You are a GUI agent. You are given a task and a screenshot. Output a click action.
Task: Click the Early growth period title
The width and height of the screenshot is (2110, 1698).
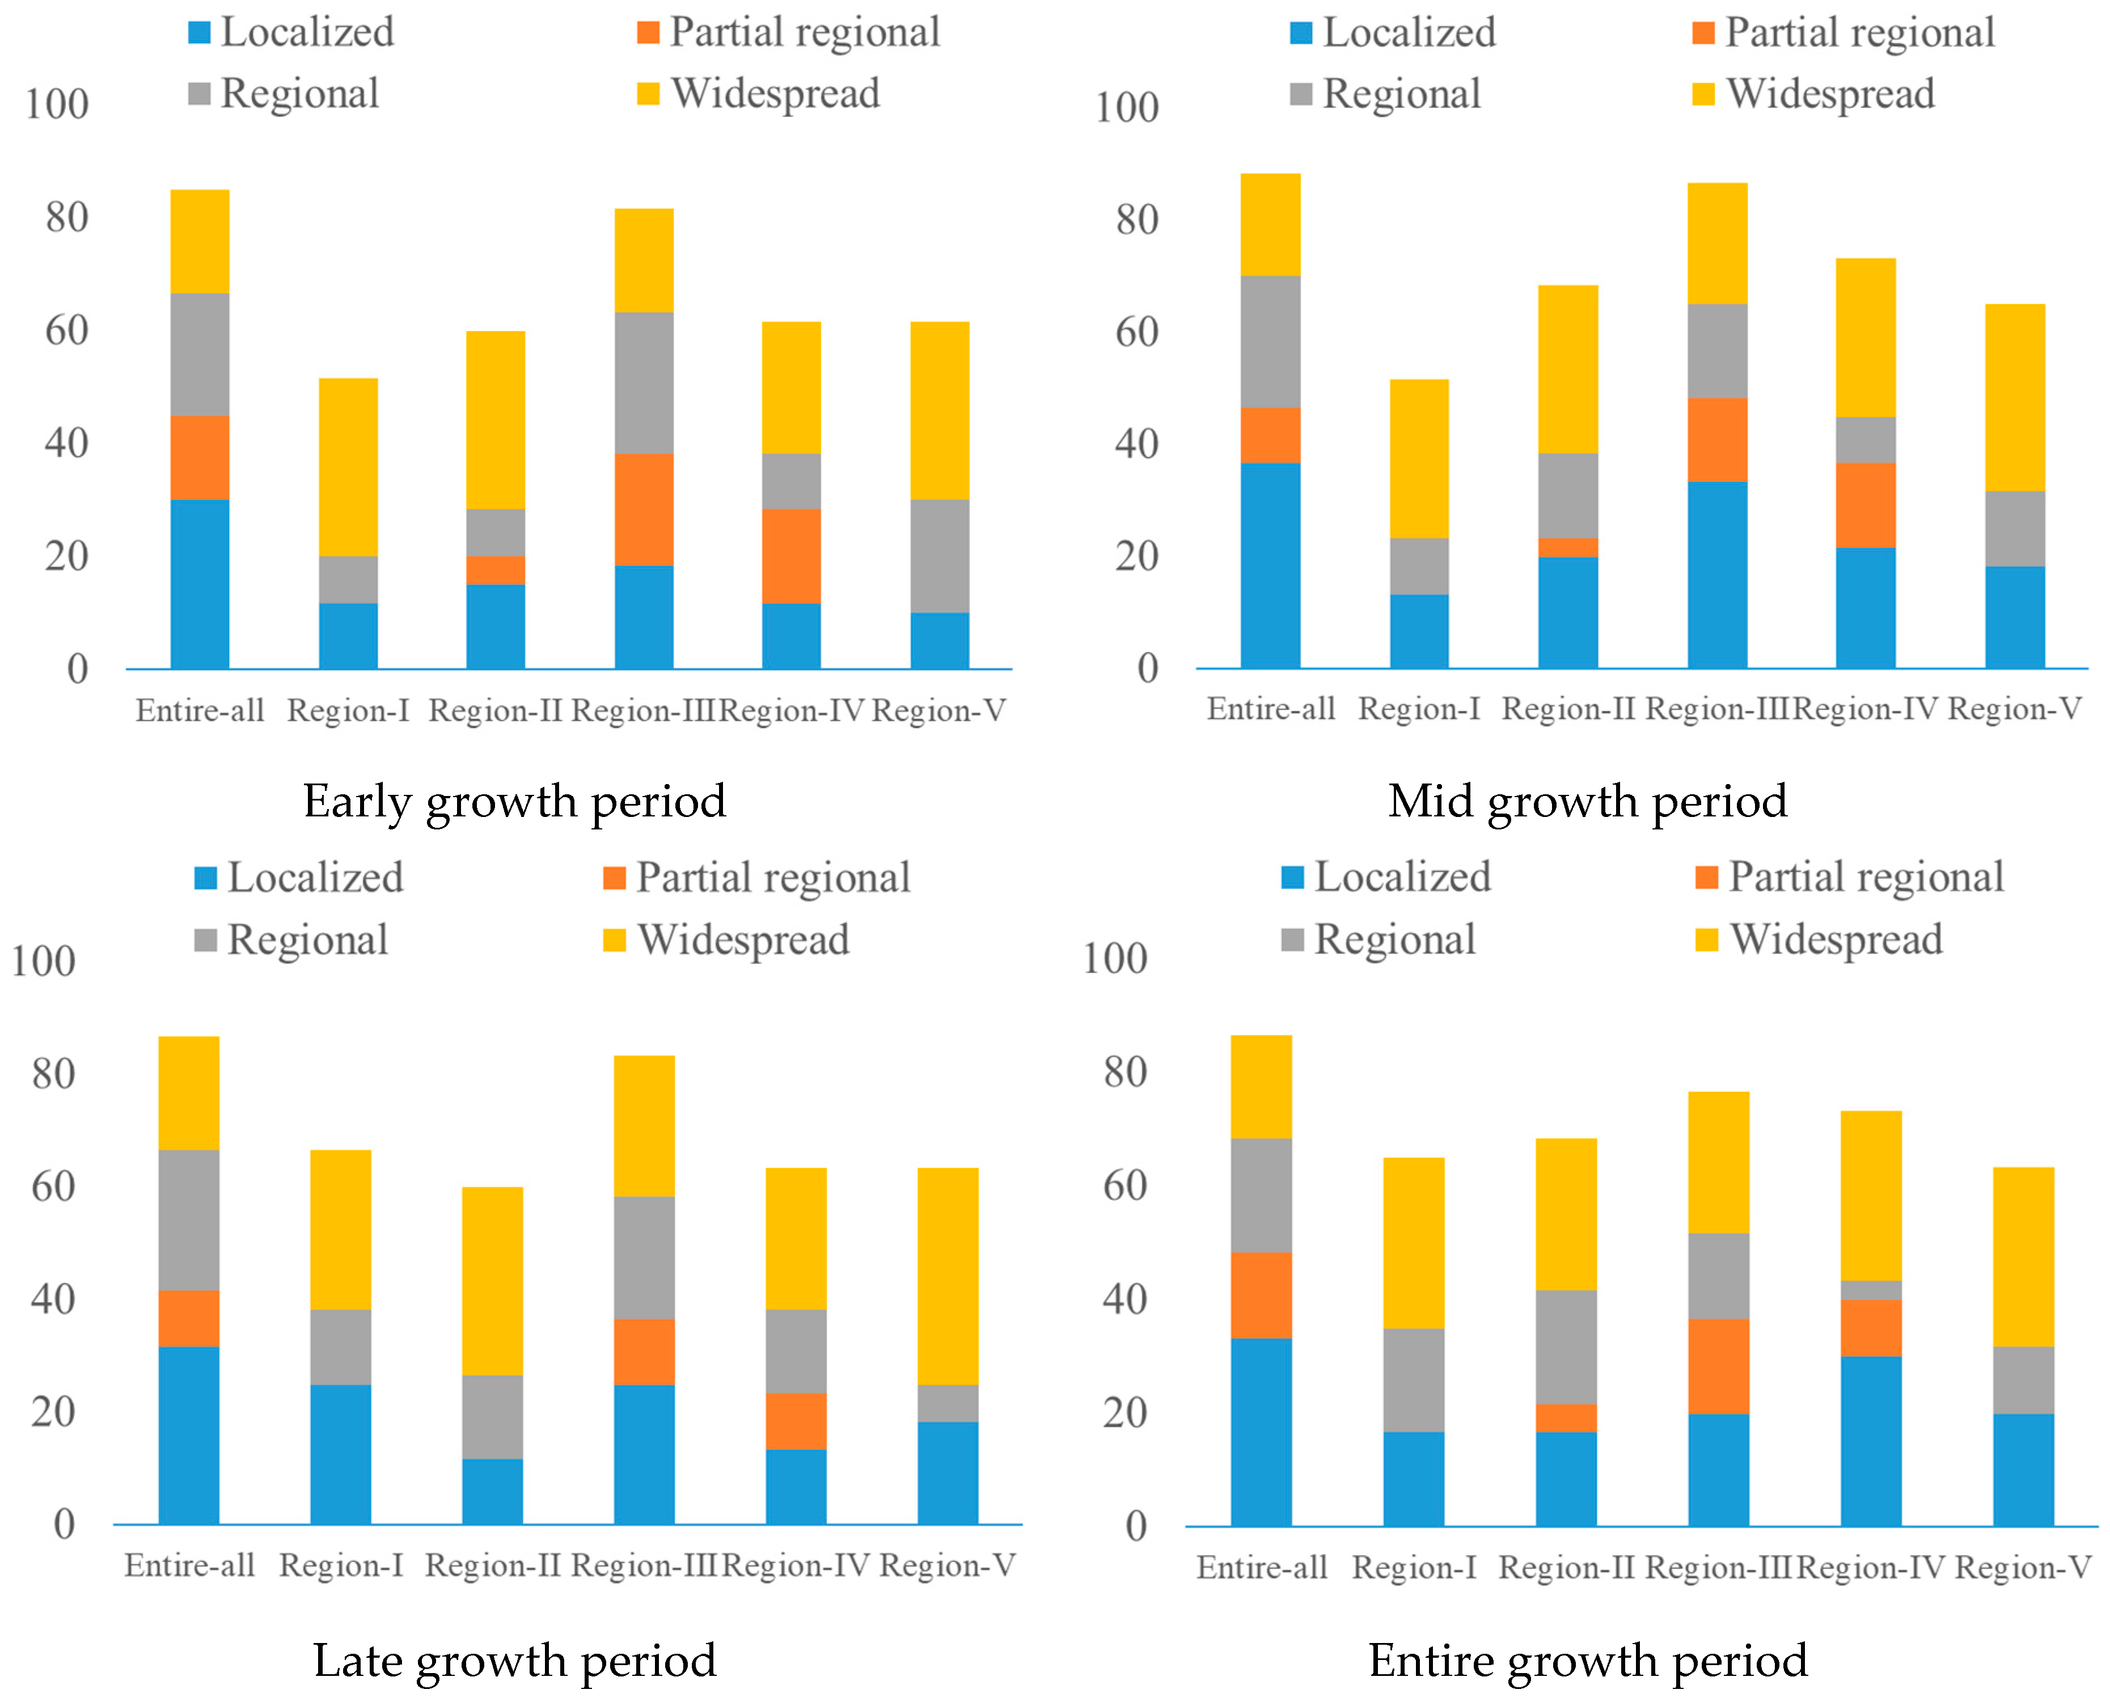[x=514, y=801]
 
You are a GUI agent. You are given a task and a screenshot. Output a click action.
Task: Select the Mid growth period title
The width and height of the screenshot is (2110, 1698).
[x=1587, y=801]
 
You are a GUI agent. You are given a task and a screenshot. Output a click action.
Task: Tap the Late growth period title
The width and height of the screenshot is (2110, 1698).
[x=514, y=1660]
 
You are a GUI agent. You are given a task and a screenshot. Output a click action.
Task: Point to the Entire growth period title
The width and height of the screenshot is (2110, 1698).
[x=1587, y=1660]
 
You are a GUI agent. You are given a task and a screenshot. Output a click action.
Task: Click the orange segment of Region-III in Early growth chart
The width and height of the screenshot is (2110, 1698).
[x=644, y=509]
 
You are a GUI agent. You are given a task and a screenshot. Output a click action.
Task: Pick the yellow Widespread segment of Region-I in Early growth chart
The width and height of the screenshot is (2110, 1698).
[x=348, y=467]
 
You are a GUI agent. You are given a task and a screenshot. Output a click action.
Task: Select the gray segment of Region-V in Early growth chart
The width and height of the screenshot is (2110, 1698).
[x=940, y=556]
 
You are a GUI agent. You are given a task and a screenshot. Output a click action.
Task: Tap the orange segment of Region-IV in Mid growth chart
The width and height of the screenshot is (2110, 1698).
[x=1866, y=505]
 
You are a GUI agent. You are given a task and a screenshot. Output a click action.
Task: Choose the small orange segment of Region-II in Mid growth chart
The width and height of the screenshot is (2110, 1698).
[x=1568, y=547]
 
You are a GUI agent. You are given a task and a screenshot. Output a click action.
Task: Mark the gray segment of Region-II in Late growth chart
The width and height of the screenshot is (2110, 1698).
[x=492, y=1416]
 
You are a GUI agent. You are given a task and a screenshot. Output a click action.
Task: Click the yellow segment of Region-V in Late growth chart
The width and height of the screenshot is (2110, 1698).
[x=948, y=1275]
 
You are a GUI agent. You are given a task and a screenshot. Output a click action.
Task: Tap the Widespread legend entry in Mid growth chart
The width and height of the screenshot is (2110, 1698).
[x=1828, y=94]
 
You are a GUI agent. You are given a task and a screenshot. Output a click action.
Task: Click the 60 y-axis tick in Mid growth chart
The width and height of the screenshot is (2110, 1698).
[x=1136, y=332]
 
